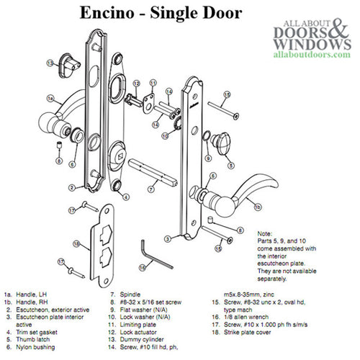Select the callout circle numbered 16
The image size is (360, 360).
point(143,266)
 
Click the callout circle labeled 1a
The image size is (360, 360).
point(51,96)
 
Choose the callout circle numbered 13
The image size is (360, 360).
point(51,63)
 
